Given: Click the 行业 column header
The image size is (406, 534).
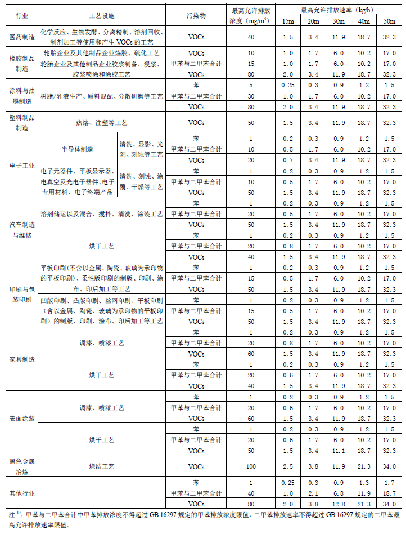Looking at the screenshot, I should (x=20, y=16).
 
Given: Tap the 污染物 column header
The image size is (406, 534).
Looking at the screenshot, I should (x=196, y=16).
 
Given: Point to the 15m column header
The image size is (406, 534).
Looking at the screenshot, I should (x=287, y=21).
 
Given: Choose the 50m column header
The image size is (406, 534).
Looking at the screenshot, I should (x=389, y=21).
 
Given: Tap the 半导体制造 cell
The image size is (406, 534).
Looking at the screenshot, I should (x=78, y=149).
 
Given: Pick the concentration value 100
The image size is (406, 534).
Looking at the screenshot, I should (x=251, y=466).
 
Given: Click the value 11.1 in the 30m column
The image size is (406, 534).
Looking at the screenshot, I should (x=339, y=451).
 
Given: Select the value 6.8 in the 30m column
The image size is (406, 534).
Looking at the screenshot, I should (x=339, y=493).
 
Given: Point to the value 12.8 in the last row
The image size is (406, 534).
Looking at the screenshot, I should (x=339, y=504).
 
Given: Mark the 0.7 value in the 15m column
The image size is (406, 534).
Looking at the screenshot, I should (x=287, y=160).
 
